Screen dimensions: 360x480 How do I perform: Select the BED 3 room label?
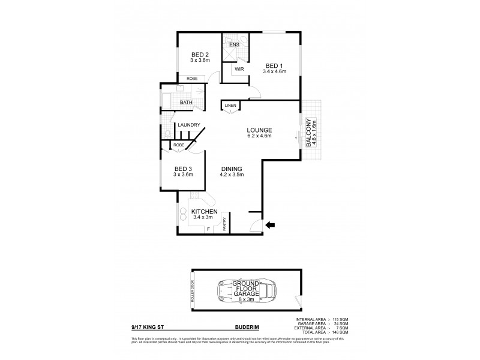coord(182,169)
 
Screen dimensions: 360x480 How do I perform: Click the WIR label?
coord(239,69)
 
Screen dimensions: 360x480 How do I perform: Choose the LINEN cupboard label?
coord(230,106)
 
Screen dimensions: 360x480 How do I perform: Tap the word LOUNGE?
coord(259,130)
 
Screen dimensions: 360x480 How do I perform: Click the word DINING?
coord(230,169)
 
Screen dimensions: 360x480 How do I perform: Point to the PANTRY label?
coord(225,224)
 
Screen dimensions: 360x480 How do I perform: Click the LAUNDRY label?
coord(188,125)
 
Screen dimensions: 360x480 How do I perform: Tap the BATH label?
coord(187,103)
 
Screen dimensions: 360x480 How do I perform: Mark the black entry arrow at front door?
coord(270,225)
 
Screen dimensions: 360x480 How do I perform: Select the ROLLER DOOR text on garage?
coord(193,292)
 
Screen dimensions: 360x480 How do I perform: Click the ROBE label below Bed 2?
coord(191,79)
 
